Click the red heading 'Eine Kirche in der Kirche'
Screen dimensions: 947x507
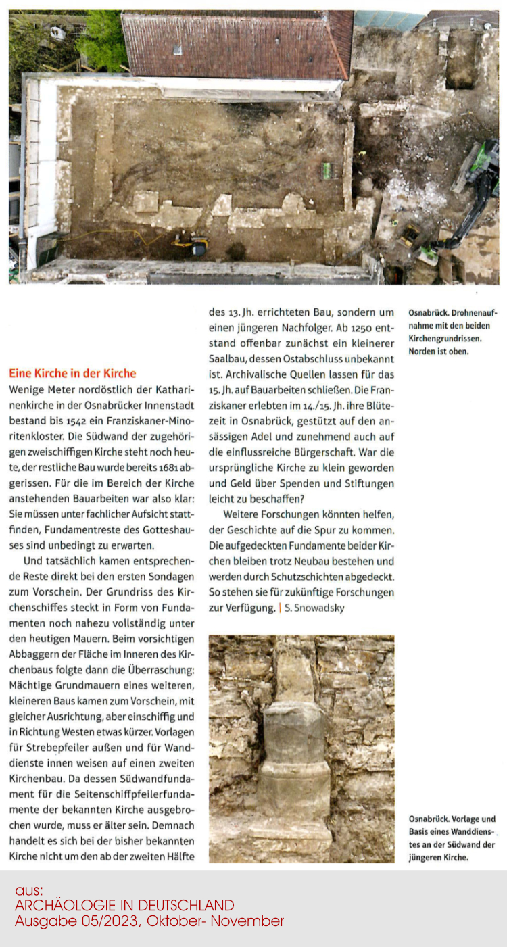pos(72,373)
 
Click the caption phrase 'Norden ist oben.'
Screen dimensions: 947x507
pos(439,351)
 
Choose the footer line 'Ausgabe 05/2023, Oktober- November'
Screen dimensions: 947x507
pos(149,921)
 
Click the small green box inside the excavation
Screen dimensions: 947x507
pos(328,170)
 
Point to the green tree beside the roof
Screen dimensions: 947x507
pos(101,37)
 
